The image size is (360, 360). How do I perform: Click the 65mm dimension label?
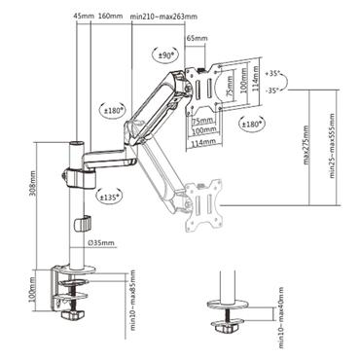[x=196, y=39]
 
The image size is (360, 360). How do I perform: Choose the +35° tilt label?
[x=274, y=73]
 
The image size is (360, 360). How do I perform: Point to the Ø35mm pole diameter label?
[x=101, y=242]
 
